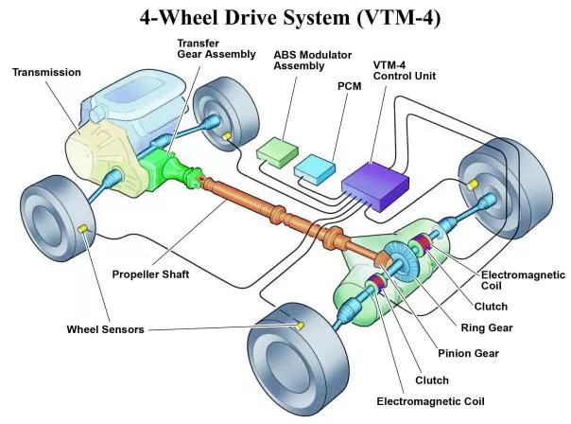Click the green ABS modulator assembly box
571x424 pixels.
click(x=278, y=150)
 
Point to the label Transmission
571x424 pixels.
click(x=46, y=71)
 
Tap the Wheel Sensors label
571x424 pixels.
click(x=106, y=330)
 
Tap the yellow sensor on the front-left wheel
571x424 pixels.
click(x=84, y=230)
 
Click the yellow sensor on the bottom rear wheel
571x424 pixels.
click(x=301, y=326)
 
